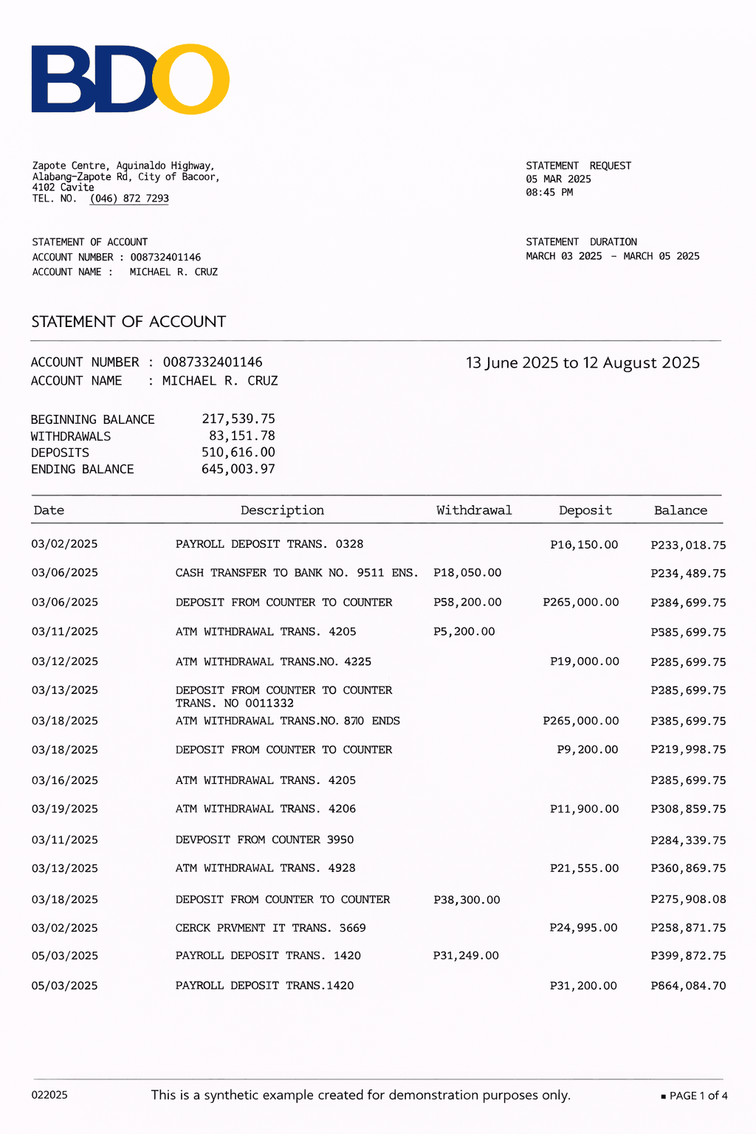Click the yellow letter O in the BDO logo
191,80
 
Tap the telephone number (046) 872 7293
129,199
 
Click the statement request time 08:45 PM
549,193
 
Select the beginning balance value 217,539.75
238,419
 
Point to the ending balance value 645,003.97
238,470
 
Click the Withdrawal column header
474,511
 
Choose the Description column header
282,511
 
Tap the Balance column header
680,511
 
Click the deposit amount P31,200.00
583,986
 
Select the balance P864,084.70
688,986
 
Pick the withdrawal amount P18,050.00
467,573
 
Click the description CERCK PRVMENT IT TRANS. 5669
270,928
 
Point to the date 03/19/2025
64,809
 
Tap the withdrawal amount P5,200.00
464,632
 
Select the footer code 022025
49,1096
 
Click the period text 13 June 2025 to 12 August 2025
583,363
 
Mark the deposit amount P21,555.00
584,869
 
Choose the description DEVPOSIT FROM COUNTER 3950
264,840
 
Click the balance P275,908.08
688,900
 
